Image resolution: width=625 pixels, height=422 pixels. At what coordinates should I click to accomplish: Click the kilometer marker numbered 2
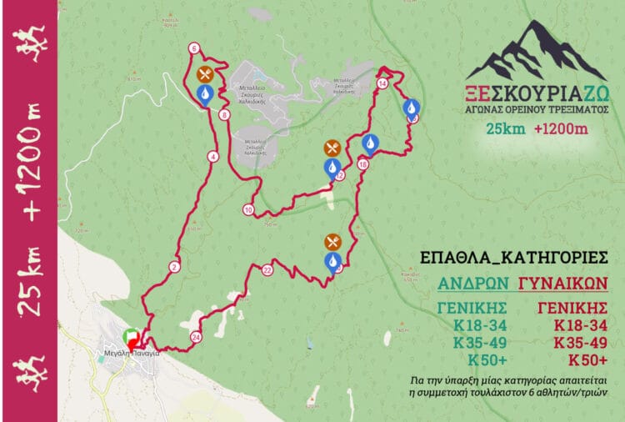[x=173, y=267]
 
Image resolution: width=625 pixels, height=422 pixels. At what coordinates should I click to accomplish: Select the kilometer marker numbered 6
[x=194, y=48]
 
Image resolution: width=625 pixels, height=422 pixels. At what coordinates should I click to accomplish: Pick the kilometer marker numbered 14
[x=382, y=84]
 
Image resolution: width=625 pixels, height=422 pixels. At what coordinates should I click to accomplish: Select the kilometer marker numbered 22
[x=267, y=269]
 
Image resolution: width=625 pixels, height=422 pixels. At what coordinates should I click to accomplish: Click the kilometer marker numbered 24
[x=196, y=337]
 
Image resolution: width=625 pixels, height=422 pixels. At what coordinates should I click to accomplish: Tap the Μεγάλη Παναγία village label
[x=128, y=354]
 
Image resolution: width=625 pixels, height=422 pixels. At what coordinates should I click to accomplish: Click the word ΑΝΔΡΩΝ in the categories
[x=472, y=281]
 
